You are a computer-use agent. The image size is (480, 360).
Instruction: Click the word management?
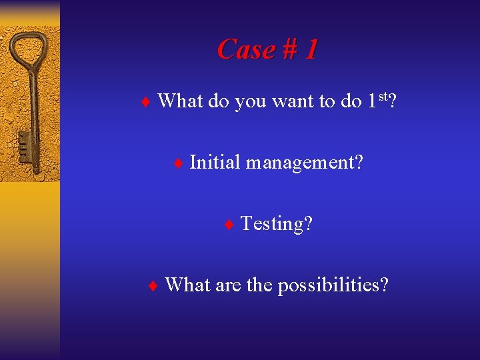click(304, 162)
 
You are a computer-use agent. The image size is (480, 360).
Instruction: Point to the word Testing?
click(276, 223)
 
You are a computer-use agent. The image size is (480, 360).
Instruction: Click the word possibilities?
click(333, 285)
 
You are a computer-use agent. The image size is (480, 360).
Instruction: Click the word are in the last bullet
click(228, 285)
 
